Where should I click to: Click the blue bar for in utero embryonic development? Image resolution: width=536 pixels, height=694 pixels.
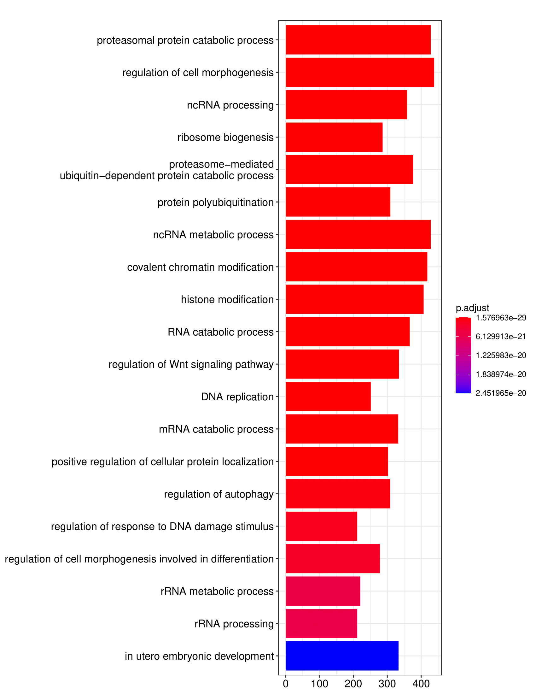[342, 656]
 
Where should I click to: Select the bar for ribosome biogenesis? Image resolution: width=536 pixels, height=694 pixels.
[334, 137]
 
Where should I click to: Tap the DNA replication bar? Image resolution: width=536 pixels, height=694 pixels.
[328, 397]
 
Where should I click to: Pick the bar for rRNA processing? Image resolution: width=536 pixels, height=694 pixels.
[321, 623]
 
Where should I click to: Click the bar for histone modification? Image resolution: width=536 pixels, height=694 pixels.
[354, 299]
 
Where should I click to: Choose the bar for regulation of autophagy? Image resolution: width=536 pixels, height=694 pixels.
[338, 494]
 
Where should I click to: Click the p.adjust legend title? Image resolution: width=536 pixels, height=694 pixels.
[472, 308]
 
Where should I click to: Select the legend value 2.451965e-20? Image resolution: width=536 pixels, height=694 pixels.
[501, 393]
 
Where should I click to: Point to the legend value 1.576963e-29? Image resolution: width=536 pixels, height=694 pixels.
[501, 318]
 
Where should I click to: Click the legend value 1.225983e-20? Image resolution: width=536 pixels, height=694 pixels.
[501, 355]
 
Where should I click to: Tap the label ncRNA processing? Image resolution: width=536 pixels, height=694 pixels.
[230, 105]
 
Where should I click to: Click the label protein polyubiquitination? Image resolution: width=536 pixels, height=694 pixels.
[215, 202]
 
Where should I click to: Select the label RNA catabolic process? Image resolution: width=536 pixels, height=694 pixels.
[220, 332]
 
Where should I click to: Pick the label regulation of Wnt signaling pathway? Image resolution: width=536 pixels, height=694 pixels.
[191, 364]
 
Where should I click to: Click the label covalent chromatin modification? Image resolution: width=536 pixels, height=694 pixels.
[200, 267]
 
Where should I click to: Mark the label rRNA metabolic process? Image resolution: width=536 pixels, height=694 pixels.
[217, 591]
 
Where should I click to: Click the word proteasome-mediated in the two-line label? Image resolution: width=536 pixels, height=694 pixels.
[221, 164]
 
